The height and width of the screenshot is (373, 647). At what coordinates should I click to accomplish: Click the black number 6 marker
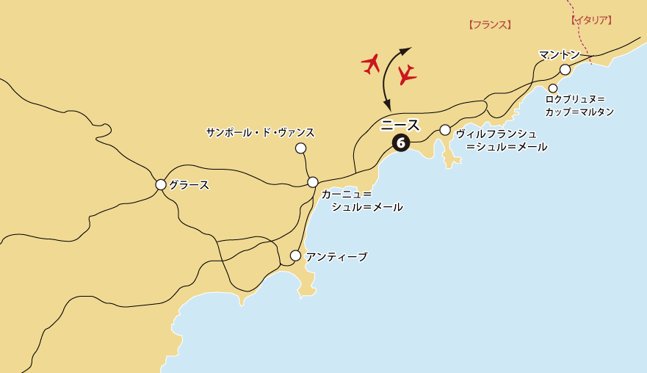[x=401, y=142]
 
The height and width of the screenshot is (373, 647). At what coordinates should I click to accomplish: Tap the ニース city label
[x=400, y=124]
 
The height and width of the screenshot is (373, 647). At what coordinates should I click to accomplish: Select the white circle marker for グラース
[x=161, y=184]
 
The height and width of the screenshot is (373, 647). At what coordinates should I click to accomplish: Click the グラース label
[x=189, y=185]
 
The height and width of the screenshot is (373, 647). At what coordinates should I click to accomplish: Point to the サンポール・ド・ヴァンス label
[x=260, y=132]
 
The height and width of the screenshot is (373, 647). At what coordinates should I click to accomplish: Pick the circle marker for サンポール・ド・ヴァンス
[x=300, y=148]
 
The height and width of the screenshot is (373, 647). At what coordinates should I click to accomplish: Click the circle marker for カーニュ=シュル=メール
[x=313, y=181]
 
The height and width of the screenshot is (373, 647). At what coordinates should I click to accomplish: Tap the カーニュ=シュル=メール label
[x=362, y=200]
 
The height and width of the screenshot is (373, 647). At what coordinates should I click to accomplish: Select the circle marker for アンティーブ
[x=295, y=256]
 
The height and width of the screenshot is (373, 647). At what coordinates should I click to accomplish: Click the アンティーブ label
[x=336, y=256]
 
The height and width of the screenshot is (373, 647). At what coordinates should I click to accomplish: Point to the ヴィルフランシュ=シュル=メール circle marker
[x=445, y=130]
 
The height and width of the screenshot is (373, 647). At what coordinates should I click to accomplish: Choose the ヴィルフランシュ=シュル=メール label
[x=501, y=140]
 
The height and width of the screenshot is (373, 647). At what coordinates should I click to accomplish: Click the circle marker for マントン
[x=565, y=70]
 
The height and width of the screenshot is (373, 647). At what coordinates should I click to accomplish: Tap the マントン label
[x=559, y=54]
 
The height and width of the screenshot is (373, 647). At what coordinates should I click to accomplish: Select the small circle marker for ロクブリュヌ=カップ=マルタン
[x=553, y=88]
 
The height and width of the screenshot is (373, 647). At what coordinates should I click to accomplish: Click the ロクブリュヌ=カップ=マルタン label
[x=579, y=105]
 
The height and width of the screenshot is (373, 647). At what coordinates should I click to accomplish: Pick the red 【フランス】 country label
[x=489, y=24]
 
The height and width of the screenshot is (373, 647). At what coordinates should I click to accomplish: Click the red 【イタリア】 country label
[x=591, y=20]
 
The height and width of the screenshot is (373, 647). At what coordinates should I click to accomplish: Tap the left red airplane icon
[x=372, y=64]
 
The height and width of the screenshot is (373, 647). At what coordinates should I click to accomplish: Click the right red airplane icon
[x=406, y=74]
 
